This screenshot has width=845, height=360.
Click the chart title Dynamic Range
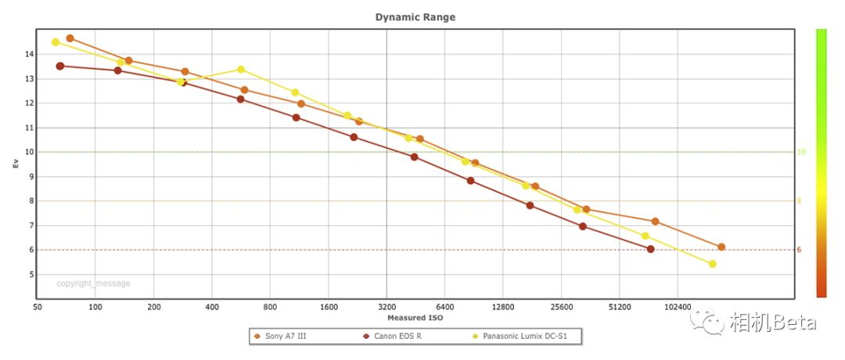(415, 16)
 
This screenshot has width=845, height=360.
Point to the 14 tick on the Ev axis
(28, 54)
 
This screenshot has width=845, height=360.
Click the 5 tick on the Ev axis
(29, 275)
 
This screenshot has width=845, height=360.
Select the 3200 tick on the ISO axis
(387, 308)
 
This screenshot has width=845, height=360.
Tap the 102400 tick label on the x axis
(678, 308)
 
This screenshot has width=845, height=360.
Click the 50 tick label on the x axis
(37, 308)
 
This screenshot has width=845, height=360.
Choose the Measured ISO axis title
(415, 318)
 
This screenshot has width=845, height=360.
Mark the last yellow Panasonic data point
(712, 265)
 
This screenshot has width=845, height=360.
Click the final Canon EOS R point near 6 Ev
(650, 250)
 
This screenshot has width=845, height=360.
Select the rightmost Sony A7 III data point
(721, 247)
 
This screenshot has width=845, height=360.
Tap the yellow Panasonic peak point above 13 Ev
(241, 70)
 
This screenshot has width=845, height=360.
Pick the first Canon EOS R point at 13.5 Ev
(60, 66)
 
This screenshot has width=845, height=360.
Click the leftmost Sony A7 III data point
(70, 38)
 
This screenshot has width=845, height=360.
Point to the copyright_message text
(93, 284)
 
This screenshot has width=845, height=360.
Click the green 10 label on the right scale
(800, 152)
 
